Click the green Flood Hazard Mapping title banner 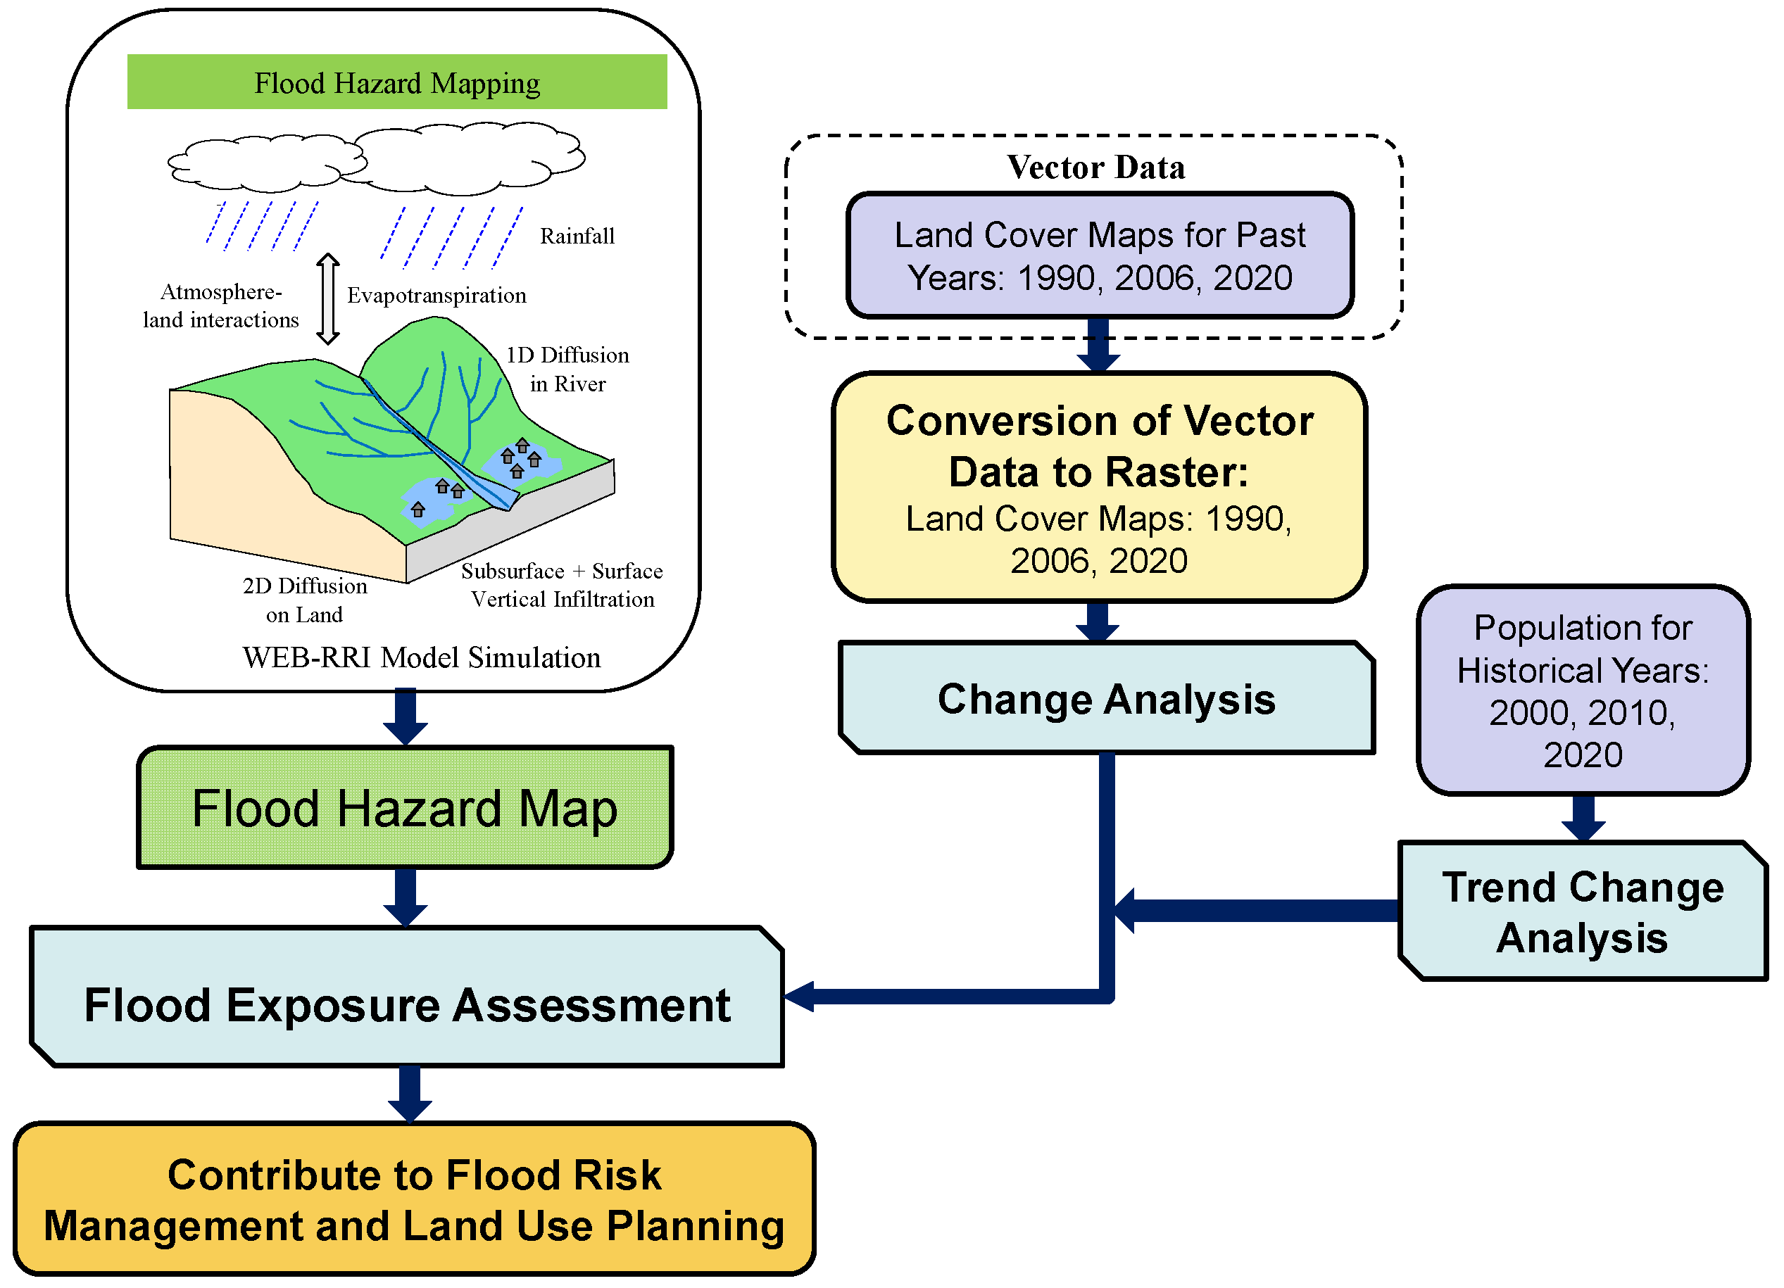pyautogui.click(x=396, y=82)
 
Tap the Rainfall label pyautogui.click(x=577, y=236)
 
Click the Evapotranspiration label pyautogui.click(x=436, y=295)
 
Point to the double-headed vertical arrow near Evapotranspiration pyautogui.click(x=328, y=299)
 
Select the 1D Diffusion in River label pyautogui.click(x=567, y=369)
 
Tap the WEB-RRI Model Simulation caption pyautogui.click(x=421, y=657)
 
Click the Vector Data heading pyautogui.click(x=1095, y=167)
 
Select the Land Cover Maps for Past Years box pyautogui.click(x=1099, y=255)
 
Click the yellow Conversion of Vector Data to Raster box pyautogui.click(x=1098, y=488)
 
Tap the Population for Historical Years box pyautogui.click(x=1582, y=690)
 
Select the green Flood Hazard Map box pyautogui.click(x=404, y=807)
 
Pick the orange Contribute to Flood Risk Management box pyautogui.click(x=414, y=1199)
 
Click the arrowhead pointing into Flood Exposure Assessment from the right pyautogui.click(x=800, y=997)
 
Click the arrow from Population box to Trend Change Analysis pyautogui.click(x=1583, y=818)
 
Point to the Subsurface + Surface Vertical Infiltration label pyautogui.click(x=562, y=584)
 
